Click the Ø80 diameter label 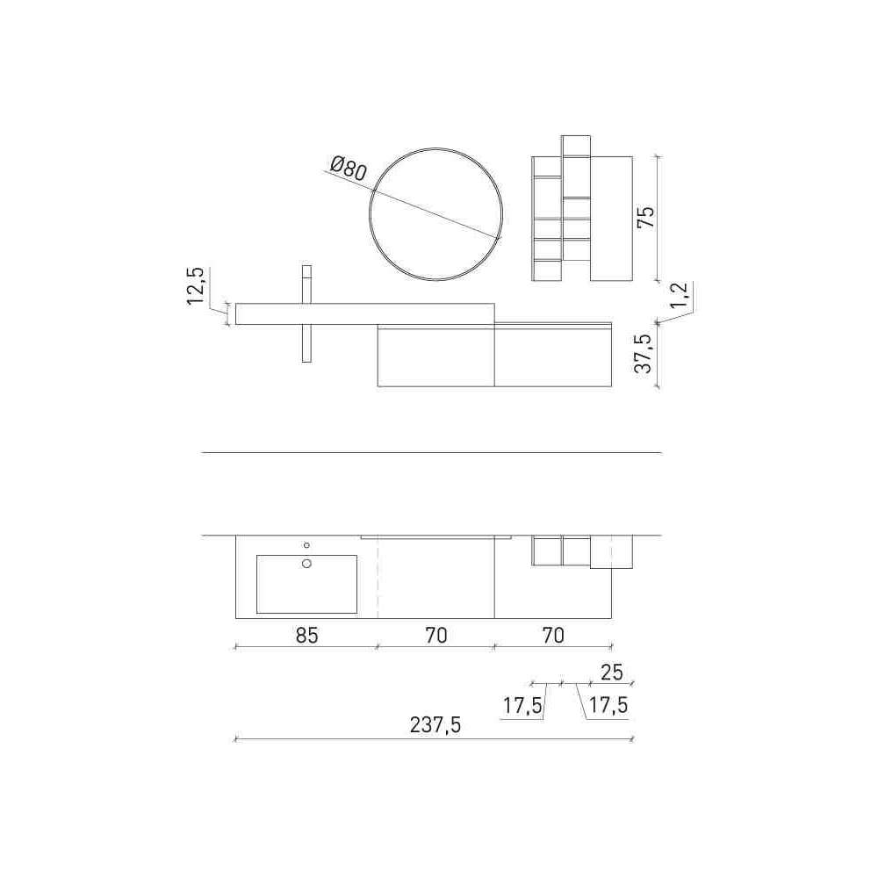(349, 168)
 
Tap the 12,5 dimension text (196, 285)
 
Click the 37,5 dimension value (644, 354)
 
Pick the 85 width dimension (306, 636)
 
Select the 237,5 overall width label (435, 725)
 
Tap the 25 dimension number (611, 672)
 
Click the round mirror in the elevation (370, 214)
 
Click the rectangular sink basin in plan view (306, 584)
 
